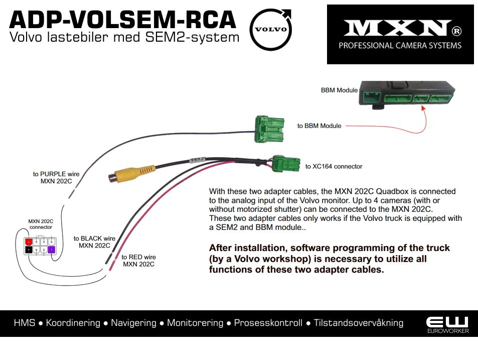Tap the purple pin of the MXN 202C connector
[51, 249]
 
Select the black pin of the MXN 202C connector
[29, 249]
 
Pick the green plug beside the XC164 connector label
[284, 163]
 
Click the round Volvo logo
[271, 29]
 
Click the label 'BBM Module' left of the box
[339, 90]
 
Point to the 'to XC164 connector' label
[334, 166]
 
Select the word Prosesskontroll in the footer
[268, 323]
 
